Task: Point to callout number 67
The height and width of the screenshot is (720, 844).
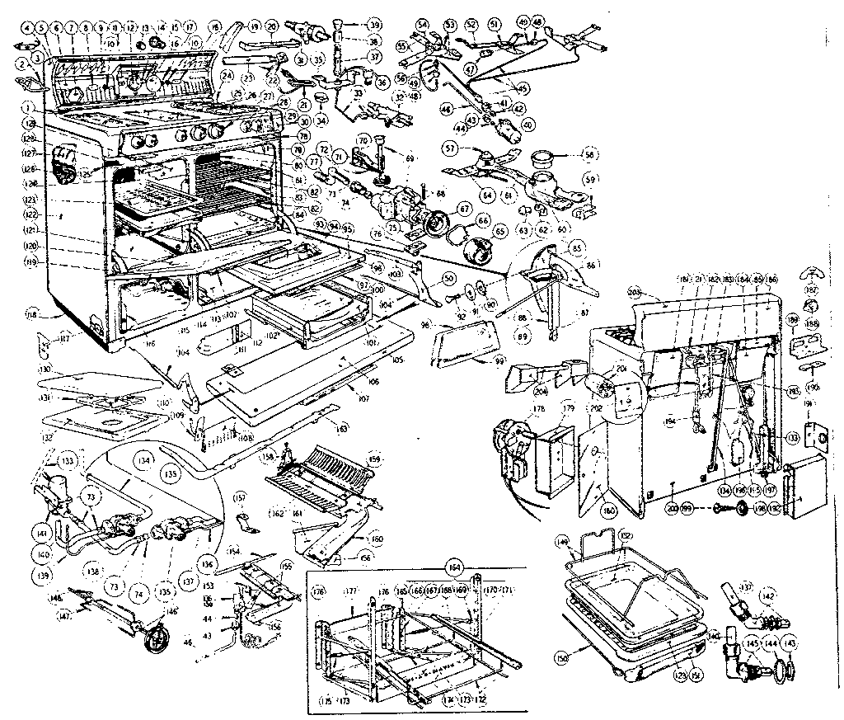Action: pos(465,209)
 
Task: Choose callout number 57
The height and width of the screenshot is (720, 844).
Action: pos(473,148)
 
